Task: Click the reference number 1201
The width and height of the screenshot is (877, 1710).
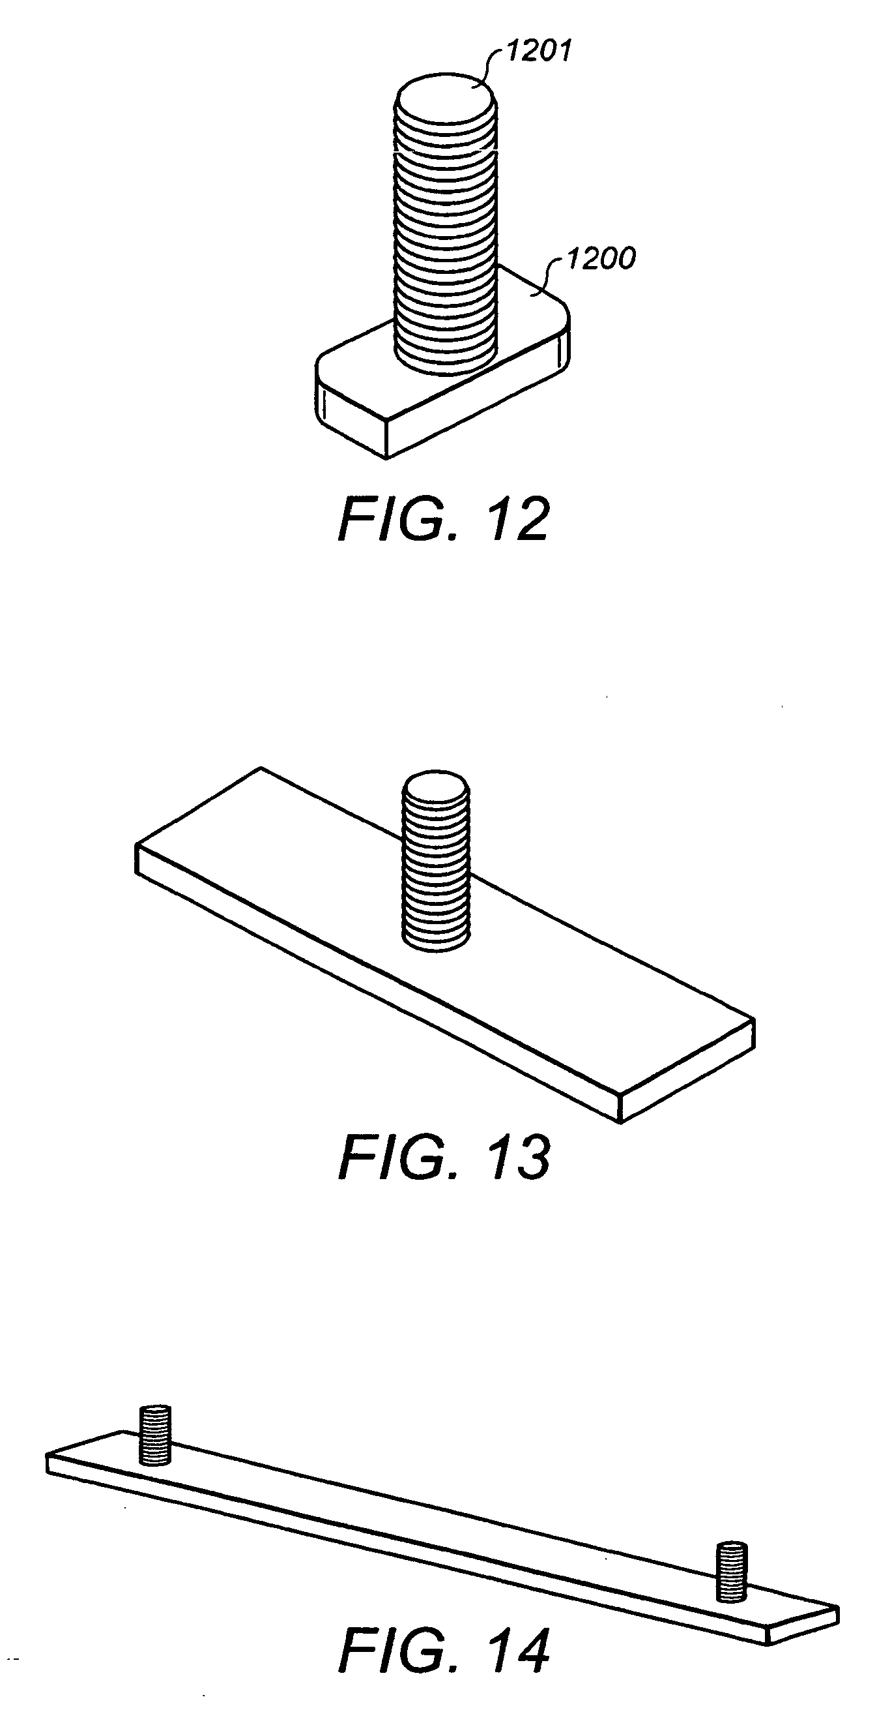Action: [539, 50]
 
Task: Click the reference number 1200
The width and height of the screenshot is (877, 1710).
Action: [601, 258]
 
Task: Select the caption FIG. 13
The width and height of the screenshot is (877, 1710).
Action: [444, 1157]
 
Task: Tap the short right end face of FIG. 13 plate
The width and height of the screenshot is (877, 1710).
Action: [687, 1071]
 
